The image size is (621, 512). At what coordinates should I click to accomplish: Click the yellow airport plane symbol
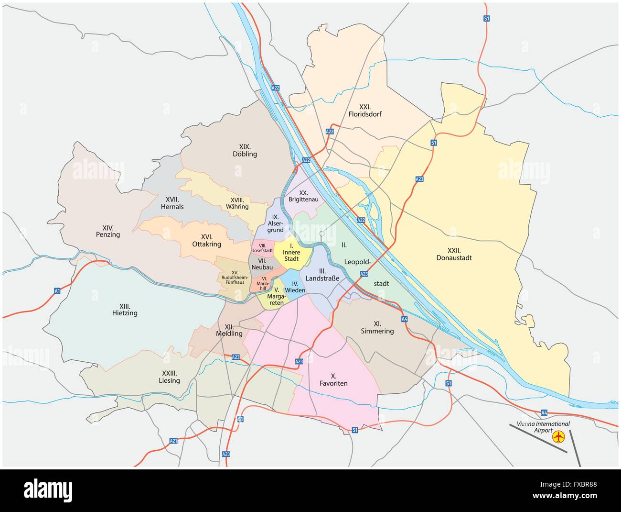tap(558, 436)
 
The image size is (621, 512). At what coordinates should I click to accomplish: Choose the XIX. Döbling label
tap(245, 150)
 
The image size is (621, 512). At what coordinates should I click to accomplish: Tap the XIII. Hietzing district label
tap(125, 310)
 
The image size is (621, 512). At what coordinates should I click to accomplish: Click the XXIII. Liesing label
tap(169, 377)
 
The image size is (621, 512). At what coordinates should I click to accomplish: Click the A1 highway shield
tap(57, 290)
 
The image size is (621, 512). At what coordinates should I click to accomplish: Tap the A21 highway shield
tap(173, 441)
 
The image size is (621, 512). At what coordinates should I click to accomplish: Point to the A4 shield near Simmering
tap(404, 319)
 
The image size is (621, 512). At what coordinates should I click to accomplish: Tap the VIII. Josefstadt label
tap(262, 247)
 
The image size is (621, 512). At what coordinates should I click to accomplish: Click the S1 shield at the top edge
tap(486, 18)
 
